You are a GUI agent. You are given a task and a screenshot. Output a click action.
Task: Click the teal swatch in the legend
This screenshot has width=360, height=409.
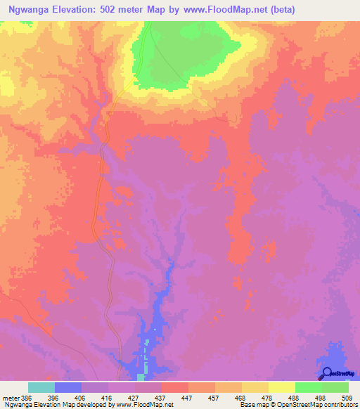pyautogui.click(x=41, y=387)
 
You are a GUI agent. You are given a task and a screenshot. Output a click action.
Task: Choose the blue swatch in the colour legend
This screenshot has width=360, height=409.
pyautogui.click(x=68, y=387)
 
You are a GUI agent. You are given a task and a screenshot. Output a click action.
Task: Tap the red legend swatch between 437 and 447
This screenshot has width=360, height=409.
pyautogui.click(x=175, y=387)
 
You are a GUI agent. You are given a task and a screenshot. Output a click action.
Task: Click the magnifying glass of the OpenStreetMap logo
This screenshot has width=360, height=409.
pyautogui.click(x=327, y=372)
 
